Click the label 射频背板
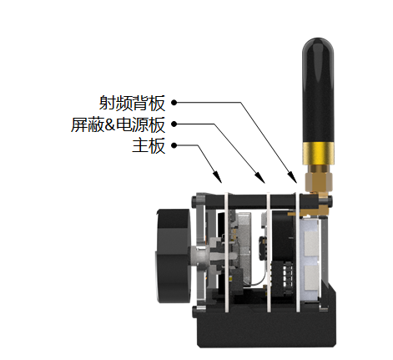[132, 103]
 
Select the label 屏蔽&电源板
[118, 124]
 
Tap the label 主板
[149, 145]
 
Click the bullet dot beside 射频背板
[174, 103]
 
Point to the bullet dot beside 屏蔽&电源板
[174, 124]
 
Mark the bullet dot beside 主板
[174, 145]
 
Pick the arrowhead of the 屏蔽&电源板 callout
[259, 177]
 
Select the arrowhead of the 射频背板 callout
[292, 177]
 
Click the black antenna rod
[318, 90]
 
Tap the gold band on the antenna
[318, 153]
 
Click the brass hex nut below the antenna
[319, 181]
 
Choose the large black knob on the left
[173, 256]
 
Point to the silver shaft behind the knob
[199, 256]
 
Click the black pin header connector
[281, 276]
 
